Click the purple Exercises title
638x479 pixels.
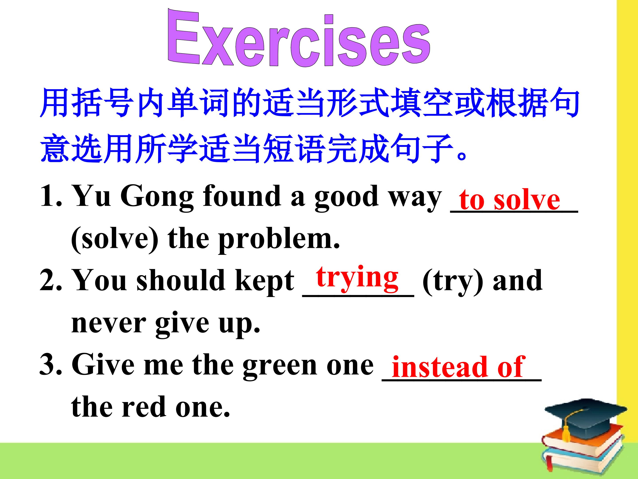[299, 38]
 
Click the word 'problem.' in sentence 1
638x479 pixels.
[279, 240]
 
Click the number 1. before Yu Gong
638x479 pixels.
[51, 196]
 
